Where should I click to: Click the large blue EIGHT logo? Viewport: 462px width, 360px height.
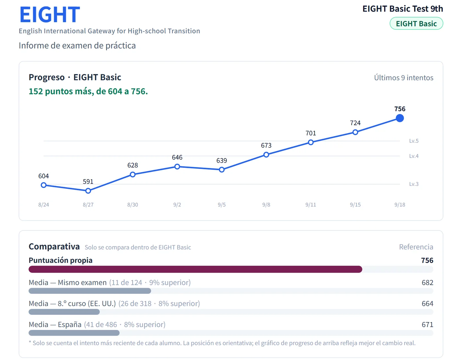click(50, 15)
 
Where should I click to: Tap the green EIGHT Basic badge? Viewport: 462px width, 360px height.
click(416, 23)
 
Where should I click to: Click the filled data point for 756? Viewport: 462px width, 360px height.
click(400, 118)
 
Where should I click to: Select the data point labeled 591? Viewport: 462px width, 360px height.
click(88, 191)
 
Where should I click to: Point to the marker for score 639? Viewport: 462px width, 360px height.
click(221, 170)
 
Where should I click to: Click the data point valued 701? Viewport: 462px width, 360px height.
click(311, 142)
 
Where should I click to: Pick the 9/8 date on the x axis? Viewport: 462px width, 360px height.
click(266, 205)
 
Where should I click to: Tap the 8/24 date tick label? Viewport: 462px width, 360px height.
click(44, 205)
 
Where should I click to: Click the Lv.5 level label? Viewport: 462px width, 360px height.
click(414, 141)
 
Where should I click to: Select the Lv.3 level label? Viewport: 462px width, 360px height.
click(414, 184)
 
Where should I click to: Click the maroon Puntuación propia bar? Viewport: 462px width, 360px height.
click(195, 269)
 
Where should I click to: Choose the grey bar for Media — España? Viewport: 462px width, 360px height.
click(74, 333)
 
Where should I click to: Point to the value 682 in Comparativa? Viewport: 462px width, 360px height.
click(427, 282)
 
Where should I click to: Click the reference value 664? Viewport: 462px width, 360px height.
click(427, 304)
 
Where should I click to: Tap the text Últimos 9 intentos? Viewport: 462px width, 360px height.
click(404, 78)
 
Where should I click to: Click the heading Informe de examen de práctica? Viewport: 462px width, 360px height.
click(77, 46)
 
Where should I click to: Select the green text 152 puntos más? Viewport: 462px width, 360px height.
click(61, 91)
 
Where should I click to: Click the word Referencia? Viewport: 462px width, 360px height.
click(416, 247)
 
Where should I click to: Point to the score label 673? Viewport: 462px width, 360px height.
click(266, 146)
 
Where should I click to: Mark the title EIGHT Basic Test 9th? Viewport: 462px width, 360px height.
click(403, 9)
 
